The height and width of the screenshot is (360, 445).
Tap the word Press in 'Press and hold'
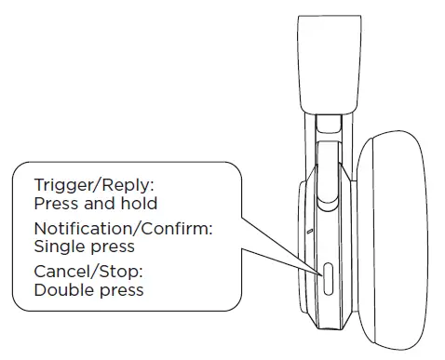click(x=55, y=203)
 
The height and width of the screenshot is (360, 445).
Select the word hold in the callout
click(x=137, y=203)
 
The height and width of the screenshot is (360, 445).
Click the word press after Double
click(x=120, y=291)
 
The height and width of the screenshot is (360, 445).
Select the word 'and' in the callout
click(x=97, y=203)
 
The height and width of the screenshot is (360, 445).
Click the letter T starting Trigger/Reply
click(x=38, y=185)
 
